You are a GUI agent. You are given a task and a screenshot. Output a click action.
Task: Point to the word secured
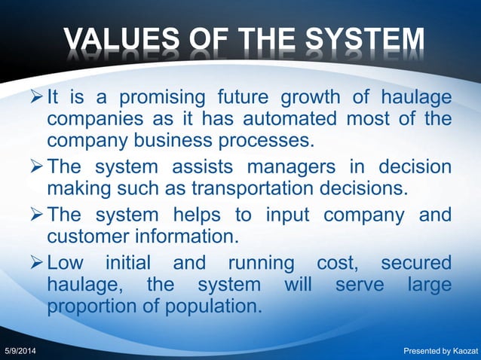416,264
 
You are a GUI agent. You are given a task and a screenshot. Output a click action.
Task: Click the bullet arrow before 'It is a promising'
35,99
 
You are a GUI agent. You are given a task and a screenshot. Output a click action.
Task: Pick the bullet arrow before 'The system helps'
35,216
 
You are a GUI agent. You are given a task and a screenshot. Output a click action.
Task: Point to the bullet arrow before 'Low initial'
35,264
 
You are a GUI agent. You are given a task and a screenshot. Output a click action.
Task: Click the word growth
311,99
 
